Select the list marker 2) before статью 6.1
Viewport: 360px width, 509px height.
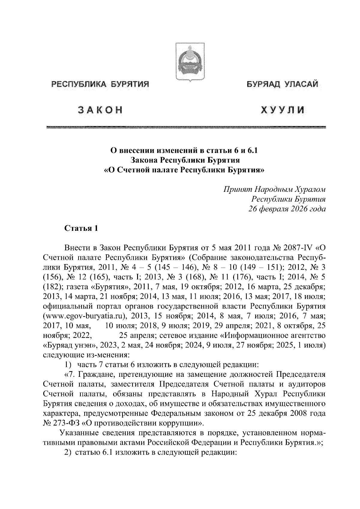click(68, 453)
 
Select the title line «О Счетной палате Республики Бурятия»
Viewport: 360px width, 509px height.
click(184, 170)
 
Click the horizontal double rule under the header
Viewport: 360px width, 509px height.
click(186, 127)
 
